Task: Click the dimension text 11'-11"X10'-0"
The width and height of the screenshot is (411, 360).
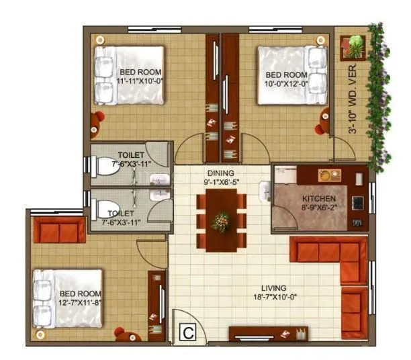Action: click(x=140, y=81)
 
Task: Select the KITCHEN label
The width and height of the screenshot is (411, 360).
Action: click(x=318, y=199)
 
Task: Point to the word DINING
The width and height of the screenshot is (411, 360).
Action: click(x=220, y=173)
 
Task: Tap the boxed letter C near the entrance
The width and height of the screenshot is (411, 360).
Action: click(x=189, y=332)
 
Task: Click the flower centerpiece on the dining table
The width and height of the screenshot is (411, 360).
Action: click(x=220, y=221)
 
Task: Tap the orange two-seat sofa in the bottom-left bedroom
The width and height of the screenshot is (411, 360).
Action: click(x=59, y=230)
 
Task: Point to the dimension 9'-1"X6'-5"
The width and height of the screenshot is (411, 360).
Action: click(x=220, y=181)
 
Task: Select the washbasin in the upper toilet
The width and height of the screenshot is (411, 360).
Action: click(x=159, y=179)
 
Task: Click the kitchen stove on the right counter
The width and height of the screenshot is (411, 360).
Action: click(x=358, y=201)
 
